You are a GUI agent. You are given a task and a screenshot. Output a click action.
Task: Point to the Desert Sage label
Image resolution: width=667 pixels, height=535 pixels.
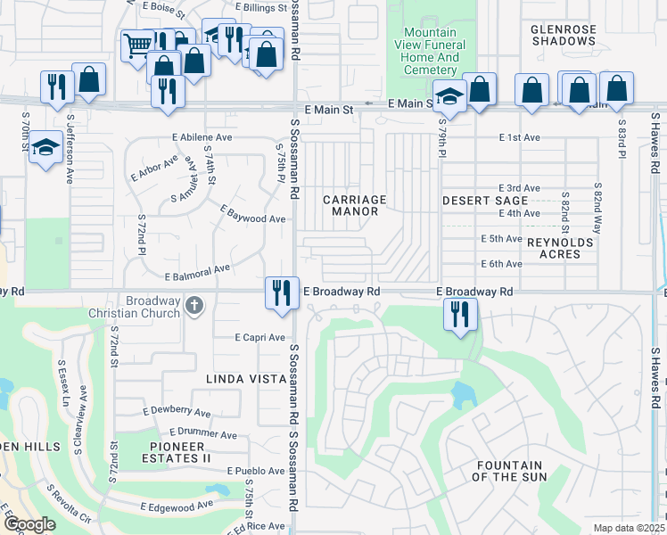(485, 202)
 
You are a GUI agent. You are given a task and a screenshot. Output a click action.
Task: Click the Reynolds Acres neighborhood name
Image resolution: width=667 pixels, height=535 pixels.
(565, 248)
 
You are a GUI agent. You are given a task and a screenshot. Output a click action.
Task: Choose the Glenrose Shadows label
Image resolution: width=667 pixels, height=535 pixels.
(563, 35)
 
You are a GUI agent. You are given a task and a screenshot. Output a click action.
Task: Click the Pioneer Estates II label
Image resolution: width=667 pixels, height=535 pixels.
(177, 452)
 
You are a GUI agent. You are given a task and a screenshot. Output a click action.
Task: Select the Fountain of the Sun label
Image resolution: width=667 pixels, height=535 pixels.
(509, 471)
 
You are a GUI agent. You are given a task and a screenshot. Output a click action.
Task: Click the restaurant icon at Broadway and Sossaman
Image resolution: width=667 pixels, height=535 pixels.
(282, 292)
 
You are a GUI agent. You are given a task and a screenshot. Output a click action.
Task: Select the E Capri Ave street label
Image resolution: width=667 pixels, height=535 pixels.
(259, 338)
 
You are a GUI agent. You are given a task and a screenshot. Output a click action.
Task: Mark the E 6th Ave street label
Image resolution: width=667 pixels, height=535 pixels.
(501, 264)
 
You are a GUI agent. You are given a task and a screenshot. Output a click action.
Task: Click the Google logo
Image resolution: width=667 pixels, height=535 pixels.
(29, 524)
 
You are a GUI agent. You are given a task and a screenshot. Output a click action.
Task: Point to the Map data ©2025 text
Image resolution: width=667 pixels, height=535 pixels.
(629, 528)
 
